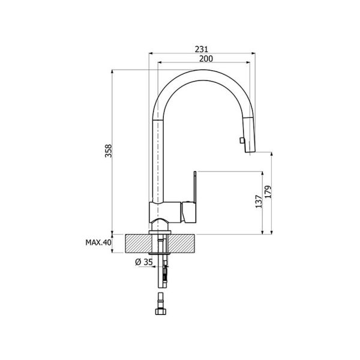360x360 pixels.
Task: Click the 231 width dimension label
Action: tap(202, 49)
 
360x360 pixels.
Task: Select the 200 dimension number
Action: tap(206, 59)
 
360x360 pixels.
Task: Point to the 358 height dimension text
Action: tap(108, 151)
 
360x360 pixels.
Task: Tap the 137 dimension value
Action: tap(259, 202)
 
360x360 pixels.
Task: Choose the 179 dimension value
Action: tap(268, 191)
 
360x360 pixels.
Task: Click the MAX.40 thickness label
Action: tap(98, 242)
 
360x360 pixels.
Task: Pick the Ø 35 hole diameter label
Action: tap(144, 262)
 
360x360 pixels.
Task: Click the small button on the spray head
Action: tap(241, 140)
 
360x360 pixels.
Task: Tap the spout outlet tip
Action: tap(250, 152)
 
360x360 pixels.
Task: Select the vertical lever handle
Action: tap(195, 187)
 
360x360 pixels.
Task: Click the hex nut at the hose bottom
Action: tap(160, 311)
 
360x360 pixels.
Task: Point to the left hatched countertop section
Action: tap(137, 244)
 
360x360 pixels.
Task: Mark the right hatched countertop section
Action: tap(182, 244)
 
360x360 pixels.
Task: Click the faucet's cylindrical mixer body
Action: tap(166, 212)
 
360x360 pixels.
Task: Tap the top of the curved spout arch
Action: tap(202, 70)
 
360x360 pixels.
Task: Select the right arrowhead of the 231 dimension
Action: tap(253, 53)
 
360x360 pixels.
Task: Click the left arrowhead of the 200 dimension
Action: tap(160, 62)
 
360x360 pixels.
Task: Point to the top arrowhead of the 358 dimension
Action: tap(112, 71)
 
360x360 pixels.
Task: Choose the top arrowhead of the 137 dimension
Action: tap(262, 173)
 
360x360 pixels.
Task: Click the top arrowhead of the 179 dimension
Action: tap(271, 154)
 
